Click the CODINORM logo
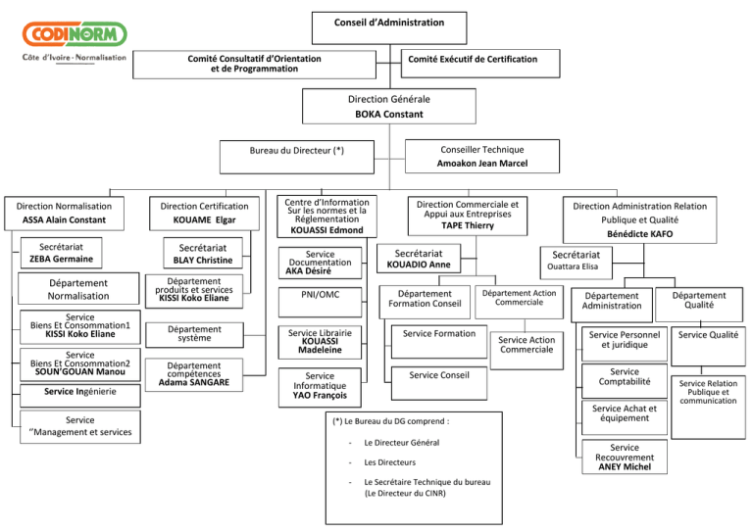pyautogui.click(x=74, y=36)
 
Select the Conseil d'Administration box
pyautogui.click(x=389, y=23)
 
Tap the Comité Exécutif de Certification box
pyautogui.click(x=479, y=60)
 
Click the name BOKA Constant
pyautogui.click(x=389, y=114)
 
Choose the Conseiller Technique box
pyautogui.click(x=481, y=156)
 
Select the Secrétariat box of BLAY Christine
pyautogui.click(x=203, y=255)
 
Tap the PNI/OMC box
pyautogui.click(x=320, y=295)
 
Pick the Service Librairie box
pyautogui.click(x=320, y=341)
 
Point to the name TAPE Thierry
pyautogui.click(x=468, y=224)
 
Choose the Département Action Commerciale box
pyautogui.click(x=519, y=296)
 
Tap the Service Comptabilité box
pyautogui.click(x=625, y=377)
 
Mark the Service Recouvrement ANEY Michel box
pyautogui.click(x=625, y=457)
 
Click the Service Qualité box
pyautogui.click(x=709, y=335)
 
